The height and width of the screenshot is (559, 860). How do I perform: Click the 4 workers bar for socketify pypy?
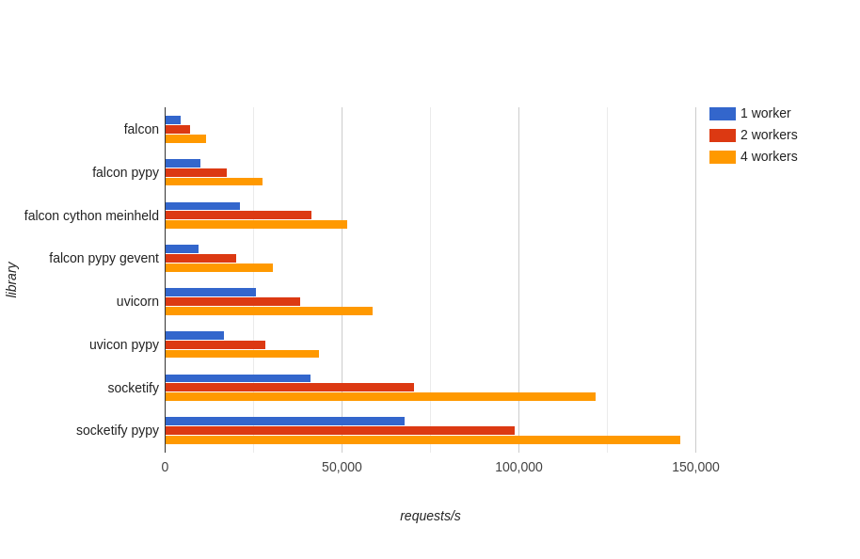[x=422, y=439]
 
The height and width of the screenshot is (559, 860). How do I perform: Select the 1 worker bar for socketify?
[x=238, y=378]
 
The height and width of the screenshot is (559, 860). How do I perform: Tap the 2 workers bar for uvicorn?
[x=232, y=302]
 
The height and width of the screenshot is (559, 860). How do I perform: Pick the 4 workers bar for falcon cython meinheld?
[x=256, y=225]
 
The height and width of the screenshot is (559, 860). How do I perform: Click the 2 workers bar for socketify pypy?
[x=340, y=430]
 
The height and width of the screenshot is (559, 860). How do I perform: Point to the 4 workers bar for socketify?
[x=380, y=397]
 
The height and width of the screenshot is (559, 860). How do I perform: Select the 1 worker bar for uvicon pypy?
[x=195, y=335]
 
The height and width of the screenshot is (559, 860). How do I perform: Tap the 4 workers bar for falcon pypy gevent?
[x=219, y=268]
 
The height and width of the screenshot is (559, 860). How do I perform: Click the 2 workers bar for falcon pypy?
[x=196, y=172]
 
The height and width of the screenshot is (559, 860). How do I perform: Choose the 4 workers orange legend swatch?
[x=723, y=157]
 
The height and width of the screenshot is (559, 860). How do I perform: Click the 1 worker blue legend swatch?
[x=723, y=114]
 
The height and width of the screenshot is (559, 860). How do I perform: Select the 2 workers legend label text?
[x=769, y=135]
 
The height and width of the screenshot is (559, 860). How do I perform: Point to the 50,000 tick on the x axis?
[x=342, y=467]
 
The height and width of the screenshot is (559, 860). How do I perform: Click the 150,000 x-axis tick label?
[x=695, y=467]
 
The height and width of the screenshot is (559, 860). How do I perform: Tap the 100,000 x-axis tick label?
[x=518, y=467]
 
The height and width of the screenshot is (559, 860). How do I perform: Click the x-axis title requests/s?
[x=430, y=516]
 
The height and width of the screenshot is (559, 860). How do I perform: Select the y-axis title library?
[x=12, y=279]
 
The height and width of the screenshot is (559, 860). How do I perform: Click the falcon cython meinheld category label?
[x=91, y=216]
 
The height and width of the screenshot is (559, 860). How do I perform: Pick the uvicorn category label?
[x=137, y=301]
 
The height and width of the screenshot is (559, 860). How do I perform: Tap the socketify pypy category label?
[x=118, y=430]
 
